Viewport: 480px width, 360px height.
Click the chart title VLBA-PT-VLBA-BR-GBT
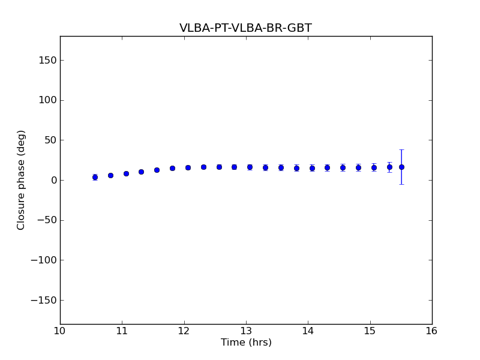pos(245,28)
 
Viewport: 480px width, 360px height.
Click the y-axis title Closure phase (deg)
pos(22,180)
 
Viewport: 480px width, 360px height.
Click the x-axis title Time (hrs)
pos(246,343)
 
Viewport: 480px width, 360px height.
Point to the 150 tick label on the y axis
pos(47,60)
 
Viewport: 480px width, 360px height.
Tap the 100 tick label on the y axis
pos(47,100)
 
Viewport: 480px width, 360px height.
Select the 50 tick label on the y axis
pos(50,140)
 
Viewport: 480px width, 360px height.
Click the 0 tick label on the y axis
pos(53,180)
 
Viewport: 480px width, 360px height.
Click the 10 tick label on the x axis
pos(60,331)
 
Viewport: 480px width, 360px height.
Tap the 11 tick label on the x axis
pos(122,331)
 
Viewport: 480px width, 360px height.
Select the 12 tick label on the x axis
pos(184,331)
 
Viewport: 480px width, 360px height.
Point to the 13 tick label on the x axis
pos(246,331)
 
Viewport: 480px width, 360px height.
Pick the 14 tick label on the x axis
pos(308,331)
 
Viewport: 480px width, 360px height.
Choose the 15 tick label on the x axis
pos(370,331)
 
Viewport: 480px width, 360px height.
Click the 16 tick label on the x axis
pos(431,331)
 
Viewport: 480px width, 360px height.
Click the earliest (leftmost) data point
pos(95,177)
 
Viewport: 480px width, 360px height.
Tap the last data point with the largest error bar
pos(401,167)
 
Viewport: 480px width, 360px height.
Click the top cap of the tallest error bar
pos(401,149)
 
